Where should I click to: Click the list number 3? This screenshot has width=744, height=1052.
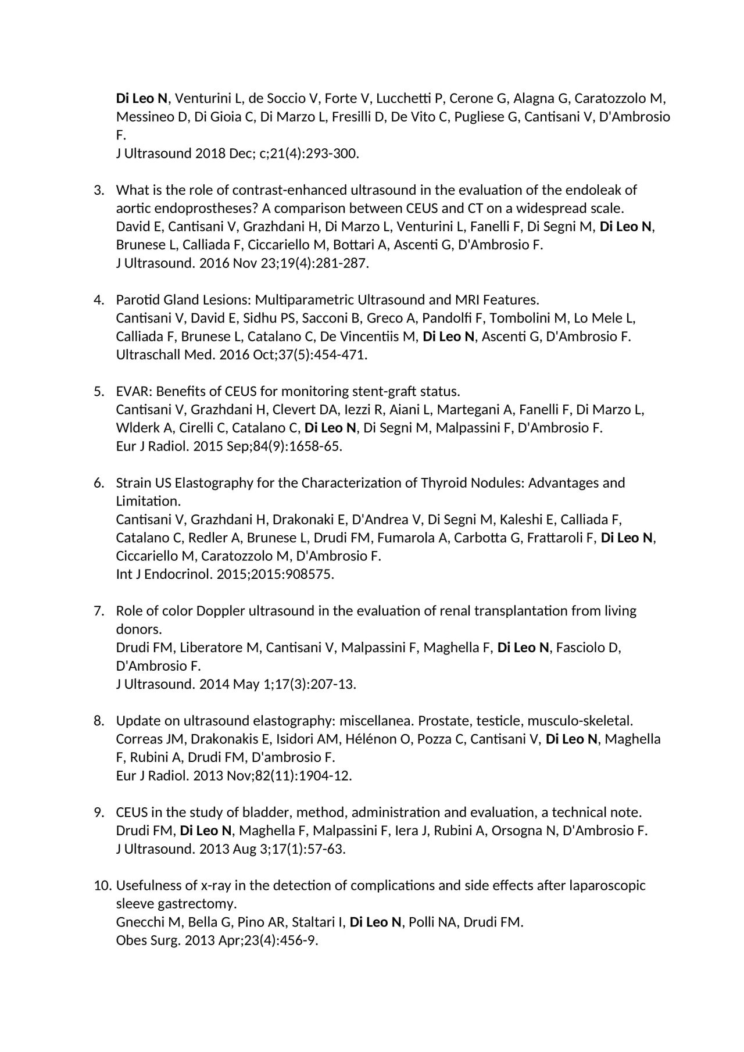coord(98,190)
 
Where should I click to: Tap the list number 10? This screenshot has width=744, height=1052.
coord(102,885)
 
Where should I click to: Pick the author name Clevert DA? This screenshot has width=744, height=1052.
coord(305,410)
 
